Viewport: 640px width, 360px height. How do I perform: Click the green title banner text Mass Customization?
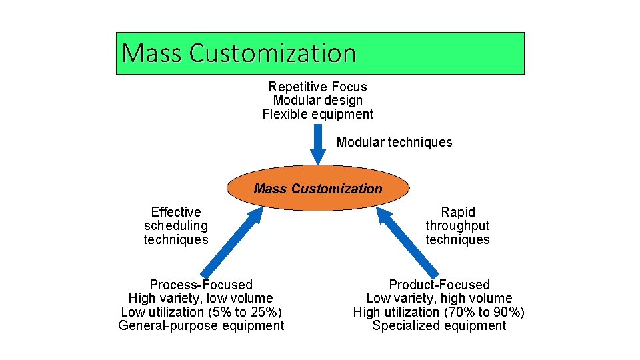click(239, 53)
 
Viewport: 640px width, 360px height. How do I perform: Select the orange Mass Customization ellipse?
click(318, 189)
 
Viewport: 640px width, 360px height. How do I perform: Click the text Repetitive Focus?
click(317, 87)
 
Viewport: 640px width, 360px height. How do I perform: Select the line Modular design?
click(318, 101)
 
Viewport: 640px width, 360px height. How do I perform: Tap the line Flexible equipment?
click(318, 114)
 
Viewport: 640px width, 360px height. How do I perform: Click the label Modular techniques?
click(394, 142)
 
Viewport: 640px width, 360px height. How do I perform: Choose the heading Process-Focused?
click(201, 285)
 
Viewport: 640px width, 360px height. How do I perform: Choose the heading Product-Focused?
click(439, 285)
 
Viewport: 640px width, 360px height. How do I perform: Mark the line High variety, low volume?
click(201, 298)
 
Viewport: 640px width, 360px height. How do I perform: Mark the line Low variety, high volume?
click(439, 298)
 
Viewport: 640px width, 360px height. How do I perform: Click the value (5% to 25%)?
click(243, 312)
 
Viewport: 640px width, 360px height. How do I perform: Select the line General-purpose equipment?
click(201, 325)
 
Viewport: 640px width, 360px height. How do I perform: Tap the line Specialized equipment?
click(439, 325)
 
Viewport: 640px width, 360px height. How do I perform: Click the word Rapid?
click(458, 212)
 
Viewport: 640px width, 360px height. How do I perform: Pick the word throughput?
click(457, 226)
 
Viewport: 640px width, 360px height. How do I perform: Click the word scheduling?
click(176, 226)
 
